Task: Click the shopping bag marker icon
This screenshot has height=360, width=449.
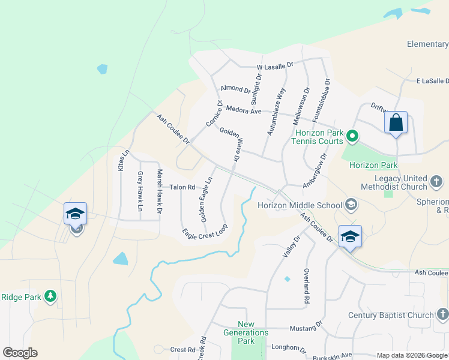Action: point(396,122)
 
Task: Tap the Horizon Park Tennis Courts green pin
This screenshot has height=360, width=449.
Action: point(353,137)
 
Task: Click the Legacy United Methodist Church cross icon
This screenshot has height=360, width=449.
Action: point(438,179)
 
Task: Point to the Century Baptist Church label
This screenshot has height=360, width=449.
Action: point(391,315)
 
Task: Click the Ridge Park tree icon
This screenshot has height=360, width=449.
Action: point(50,296)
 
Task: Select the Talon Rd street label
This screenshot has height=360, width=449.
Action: point(182,187)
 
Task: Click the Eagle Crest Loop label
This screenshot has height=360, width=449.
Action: point(205,230)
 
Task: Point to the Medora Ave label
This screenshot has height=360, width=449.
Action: point(244,110)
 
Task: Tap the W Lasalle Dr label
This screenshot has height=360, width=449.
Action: point(274,65)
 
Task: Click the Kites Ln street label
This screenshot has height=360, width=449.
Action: point(124,161)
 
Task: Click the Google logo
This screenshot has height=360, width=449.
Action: point(20,353)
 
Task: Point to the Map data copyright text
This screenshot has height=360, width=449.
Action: point(412,355)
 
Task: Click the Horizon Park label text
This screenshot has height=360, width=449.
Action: point(373,165)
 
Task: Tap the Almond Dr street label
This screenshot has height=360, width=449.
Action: point(235,89)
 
